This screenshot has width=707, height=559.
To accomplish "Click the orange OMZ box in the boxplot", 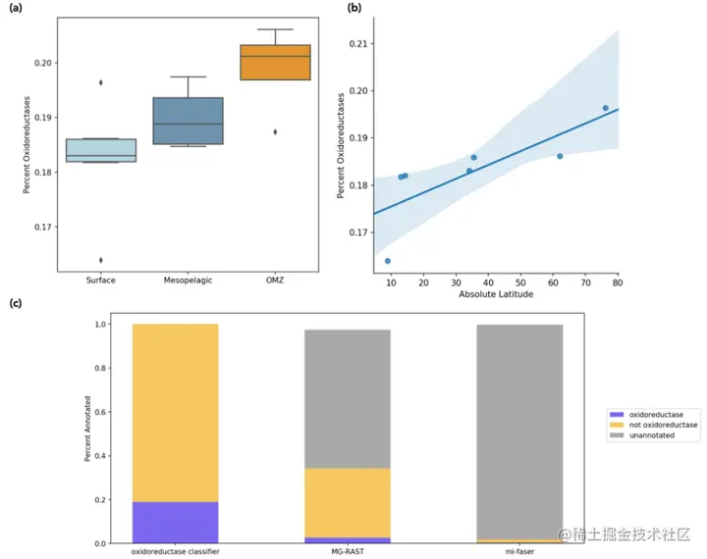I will [275, 62].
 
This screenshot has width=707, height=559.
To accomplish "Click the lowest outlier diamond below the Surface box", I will [101, 260].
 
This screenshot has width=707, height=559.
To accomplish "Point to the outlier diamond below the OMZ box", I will [275, 131].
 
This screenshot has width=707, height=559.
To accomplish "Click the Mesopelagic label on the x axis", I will [187, 279].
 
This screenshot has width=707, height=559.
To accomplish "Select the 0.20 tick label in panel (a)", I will [42, 63].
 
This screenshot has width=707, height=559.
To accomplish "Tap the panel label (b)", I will [355, 9].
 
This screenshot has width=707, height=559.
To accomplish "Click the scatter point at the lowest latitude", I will [388, 261].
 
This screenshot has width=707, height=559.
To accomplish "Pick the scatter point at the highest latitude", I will [606, 108].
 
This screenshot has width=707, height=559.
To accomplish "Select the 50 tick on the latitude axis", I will [520, 283].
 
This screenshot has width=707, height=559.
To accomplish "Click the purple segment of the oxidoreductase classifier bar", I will [175, 522].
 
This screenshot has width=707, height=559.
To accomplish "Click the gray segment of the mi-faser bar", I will [520, 432].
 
